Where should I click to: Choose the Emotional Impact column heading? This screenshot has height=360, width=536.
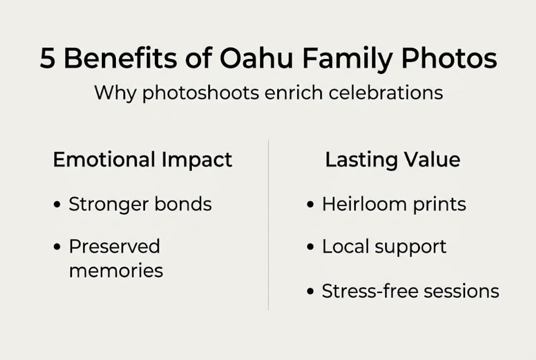tap(142, 160)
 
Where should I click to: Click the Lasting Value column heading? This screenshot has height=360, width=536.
tap(393, 160)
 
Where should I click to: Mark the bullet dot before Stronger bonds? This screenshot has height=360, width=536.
tap(58, 205)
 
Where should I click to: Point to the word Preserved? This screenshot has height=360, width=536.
tap(114, 246)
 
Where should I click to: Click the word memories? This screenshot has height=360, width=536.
tap(116, 270)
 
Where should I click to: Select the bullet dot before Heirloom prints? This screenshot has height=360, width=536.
tap(311, 205)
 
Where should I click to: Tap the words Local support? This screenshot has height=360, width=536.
tap(384, 247)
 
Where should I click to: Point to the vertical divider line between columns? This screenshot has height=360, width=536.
tap(268, 225)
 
